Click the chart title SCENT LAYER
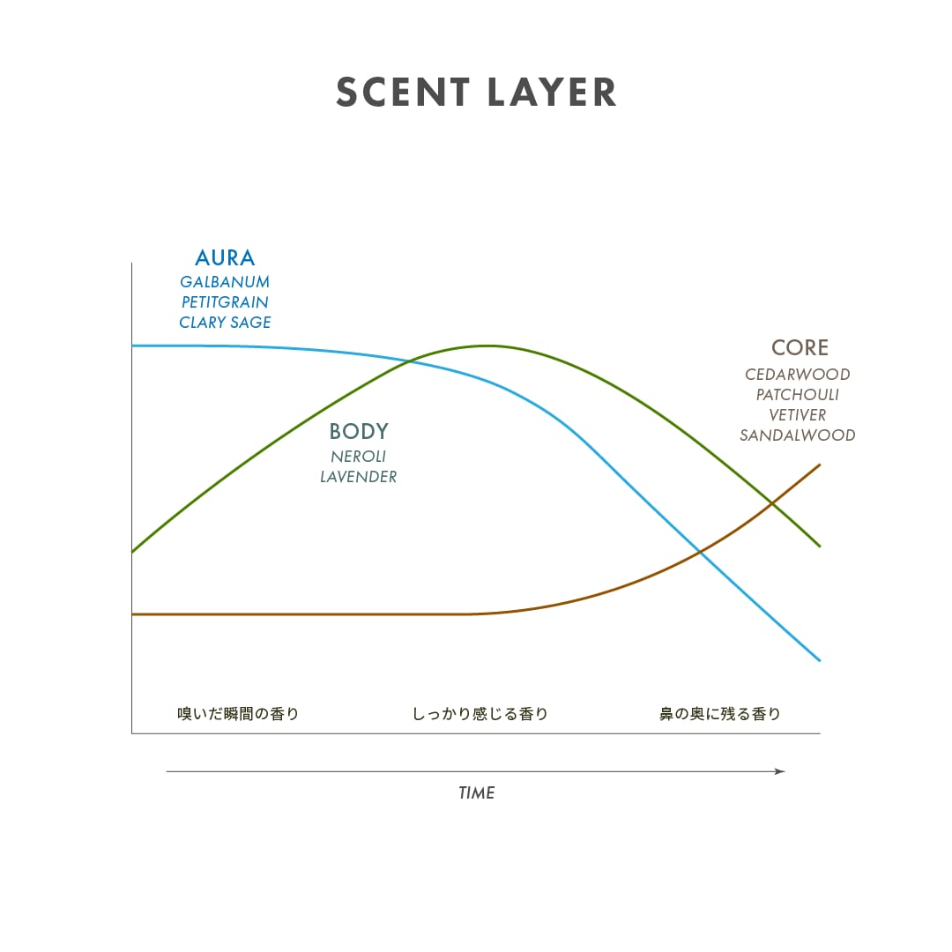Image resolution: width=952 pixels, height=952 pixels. pyautogui.click(x=476, y=93)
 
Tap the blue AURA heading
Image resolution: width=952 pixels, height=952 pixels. pyautogui.click(x=225, y=258)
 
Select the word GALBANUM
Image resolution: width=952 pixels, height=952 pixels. pyautogui.click(x=225, y=282)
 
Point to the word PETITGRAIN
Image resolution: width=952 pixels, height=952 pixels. pyautogui.click(x=225, y=302)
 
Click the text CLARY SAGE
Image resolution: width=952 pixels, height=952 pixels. pyautogui.click(x=225, y=323)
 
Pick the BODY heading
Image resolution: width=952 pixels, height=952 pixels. pyautogui.click(x=359, y=432)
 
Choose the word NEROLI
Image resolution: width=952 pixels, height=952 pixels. pyautogui.click(x=359, y=457)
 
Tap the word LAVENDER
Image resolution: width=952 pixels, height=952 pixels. pyautogui.click(x=359, y=477)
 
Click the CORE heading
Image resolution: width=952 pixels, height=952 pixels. pyautogui.click(x=800, y=348)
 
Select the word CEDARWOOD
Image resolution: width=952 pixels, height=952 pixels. pyautogui.click(x=798, y=375)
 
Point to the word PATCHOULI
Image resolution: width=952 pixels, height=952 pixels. pyautogui.click(x=798, y=395)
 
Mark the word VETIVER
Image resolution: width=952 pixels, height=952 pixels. pyautogui.click(x=798, y=415)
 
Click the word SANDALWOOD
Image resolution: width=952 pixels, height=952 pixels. pyautogui.click(x=798, y=435)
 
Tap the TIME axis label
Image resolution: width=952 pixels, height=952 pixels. pyautogui.click(x=476, y=793)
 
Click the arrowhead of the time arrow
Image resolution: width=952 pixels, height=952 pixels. pyautogui.click(x=780, y=771)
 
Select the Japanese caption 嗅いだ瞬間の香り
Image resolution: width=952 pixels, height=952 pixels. pyautogui.click(x=238, y=714)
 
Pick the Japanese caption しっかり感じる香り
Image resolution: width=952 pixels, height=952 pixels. pyautogui.click(x=480, y=714)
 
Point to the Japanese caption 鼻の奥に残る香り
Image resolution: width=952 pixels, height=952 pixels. pyautogui.click(x=720, y=714)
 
